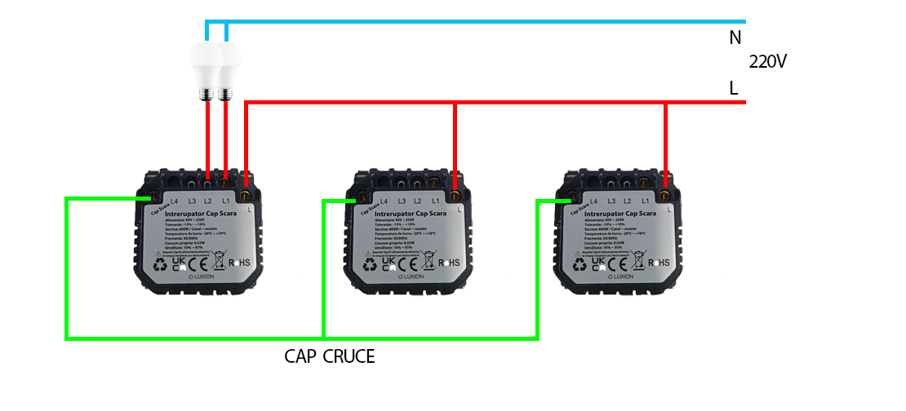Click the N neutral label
click(x=735, y=37)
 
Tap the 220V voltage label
click(x=768, y=62)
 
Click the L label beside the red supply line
click(x=734, y=88)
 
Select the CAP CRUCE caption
click(x=330, y=356)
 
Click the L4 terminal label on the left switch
click(x=173, y=201)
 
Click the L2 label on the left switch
click(x=208, y=201)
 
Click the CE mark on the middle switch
click(x=407, y=263)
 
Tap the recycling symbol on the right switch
click(x=580, y=263)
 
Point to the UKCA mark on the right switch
click(x=599, y=263)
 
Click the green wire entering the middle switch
click(x=338, y=200)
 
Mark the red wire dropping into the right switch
click(x=666, y=147)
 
